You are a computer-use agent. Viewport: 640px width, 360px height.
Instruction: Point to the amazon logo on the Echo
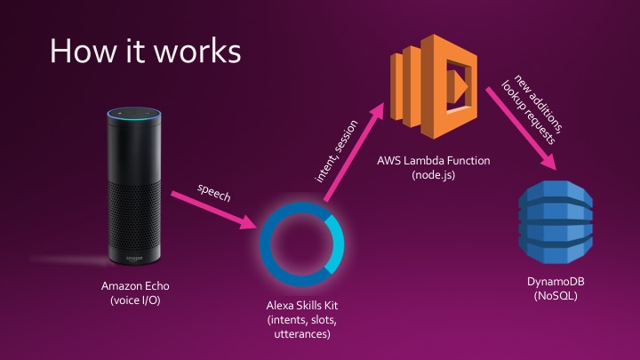132,256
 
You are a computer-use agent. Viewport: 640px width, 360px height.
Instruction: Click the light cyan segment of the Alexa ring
334,249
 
